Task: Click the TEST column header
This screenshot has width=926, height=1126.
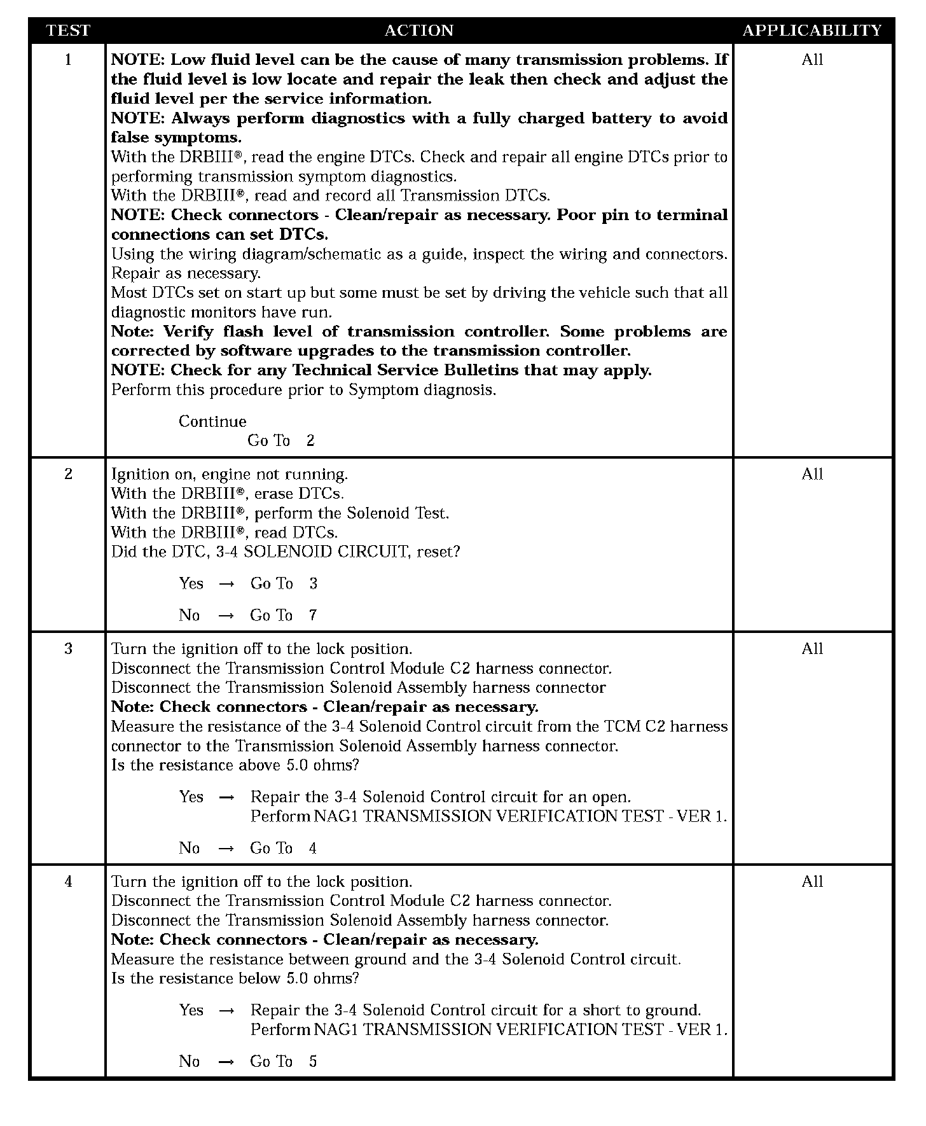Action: (68, 31)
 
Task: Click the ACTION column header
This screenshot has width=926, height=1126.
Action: (418, 31)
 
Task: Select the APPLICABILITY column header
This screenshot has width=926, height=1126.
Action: (812, 31)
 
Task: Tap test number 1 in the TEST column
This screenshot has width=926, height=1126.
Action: (68, 60)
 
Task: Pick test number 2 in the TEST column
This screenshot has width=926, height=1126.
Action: (68, 474)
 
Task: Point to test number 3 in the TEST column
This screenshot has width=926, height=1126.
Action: (68, 649)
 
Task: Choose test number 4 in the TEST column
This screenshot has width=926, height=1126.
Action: (68, 882)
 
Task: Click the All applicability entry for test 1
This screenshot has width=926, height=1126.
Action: (812, 60)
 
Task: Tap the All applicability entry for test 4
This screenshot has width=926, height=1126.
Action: (812, 882)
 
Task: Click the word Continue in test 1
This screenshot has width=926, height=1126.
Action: (212, 422)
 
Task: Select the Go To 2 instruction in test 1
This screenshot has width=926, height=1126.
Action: (280, 441)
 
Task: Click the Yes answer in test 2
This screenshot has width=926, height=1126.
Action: (191, 584)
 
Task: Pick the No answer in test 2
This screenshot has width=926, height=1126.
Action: (189, 615)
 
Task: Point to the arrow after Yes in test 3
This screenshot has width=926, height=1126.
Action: (226, 797)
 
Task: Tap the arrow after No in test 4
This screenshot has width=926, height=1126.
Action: (226, 1062)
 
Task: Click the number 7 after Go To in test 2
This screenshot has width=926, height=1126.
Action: (312, 615)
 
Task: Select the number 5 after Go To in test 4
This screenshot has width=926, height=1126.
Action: (312, 1062)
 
